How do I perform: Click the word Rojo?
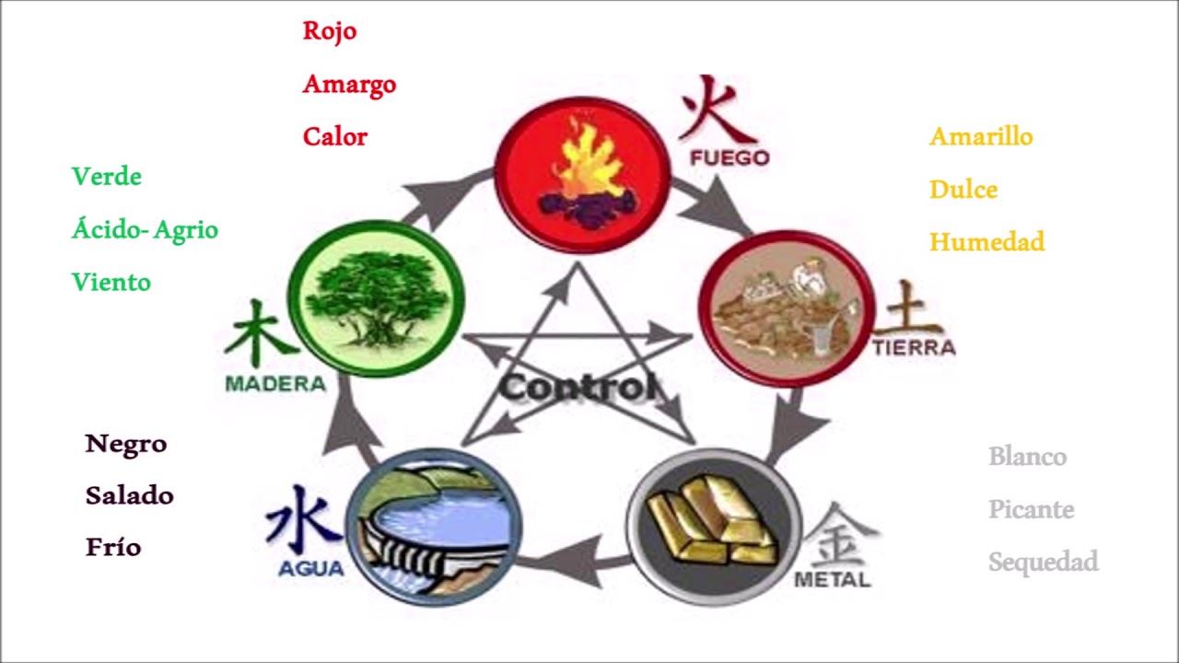pos(330,31)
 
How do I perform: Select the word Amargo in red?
pos(349,85)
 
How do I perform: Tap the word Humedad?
pos(987,242)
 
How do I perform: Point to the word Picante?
pos(1032,509)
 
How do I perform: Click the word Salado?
pos(130,495)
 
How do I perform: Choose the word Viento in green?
pos(111,282)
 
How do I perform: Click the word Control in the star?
pos(578,388)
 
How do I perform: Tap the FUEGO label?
pos(730,157)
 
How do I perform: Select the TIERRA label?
pos(915,347)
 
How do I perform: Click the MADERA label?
pos(275,384)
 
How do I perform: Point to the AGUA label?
pos(311,569)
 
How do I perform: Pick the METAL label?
pos(832,580)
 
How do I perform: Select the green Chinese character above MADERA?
pos(259,332)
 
